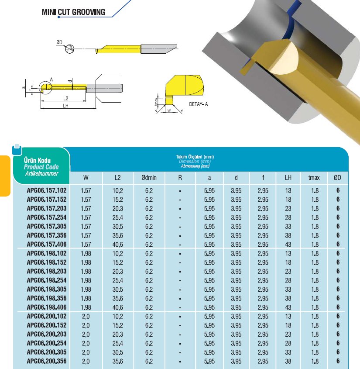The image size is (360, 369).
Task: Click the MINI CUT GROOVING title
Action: click(x=73, y=12)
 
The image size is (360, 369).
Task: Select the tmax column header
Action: click(x=314, y=177)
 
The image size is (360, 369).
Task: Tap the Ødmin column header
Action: click(x=149, y=177)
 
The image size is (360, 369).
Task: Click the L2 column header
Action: click(x=118, y=177)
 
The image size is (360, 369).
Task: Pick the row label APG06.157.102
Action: click(x=47, y=190)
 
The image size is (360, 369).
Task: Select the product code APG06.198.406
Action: click(x=47, y=307)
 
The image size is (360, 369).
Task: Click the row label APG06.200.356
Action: click(x=47, y=362)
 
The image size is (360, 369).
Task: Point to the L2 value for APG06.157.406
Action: click(x=118, y=245)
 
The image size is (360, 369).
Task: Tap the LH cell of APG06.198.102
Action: click(x=288, y=253)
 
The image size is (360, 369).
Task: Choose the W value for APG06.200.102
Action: click(x=86, y=316)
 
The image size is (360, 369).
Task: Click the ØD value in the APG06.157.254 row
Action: click(x=338, y=217)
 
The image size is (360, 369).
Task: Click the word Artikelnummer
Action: click(x=41, y=173)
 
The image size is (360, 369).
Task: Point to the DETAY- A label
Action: click(x=199, y=104)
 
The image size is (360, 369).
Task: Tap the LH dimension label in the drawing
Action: click(x=65, y=106)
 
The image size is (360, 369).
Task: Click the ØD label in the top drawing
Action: click(x=59, y=42)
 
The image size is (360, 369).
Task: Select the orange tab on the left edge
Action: click(x=5, y=175)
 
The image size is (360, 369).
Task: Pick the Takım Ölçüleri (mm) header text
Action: click(x=195, y=156)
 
